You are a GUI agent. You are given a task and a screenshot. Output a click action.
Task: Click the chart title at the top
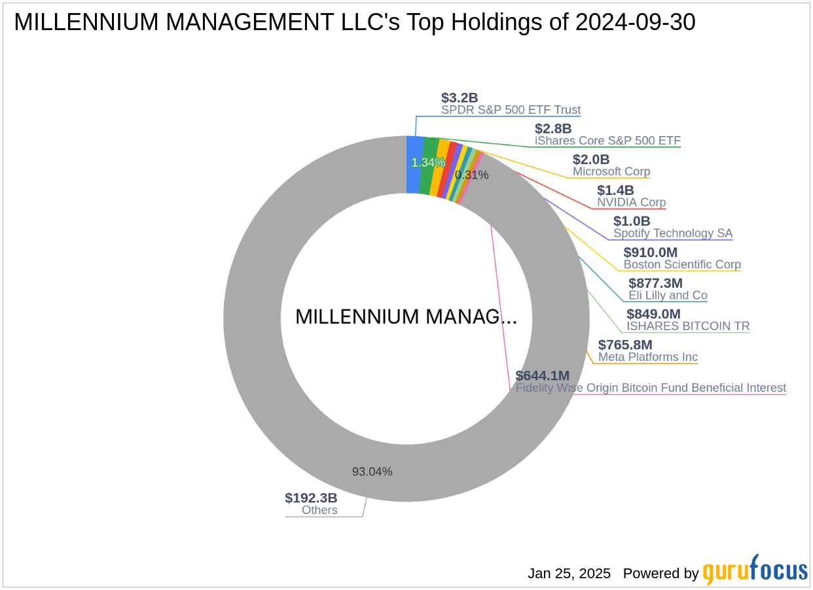tap(354, 22)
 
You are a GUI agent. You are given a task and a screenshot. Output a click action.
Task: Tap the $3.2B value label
tap(460, 98)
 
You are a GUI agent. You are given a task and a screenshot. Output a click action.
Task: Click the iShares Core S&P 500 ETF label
tap(607, 141)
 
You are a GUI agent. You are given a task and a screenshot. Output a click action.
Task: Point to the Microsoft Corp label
tap(611, 171)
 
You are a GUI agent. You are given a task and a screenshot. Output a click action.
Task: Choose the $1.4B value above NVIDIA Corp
tap(615, 190)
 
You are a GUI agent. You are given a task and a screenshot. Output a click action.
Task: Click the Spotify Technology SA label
tap(673, 234)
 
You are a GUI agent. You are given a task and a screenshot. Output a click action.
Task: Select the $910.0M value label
tap(650, 252)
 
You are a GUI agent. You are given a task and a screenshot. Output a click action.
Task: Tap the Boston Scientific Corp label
tap(682, 265)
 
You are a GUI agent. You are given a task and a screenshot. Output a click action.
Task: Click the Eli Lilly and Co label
tap(668, 296)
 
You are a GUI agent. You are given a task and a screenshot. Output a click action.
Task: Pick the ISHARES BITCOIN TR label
tap(688, 326)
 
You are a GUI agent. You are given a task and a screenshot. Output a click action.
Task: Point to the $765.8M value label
tap(625, 345)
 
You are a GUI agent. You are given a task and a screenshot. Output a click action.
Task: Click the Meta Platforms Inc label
tap(647, 357)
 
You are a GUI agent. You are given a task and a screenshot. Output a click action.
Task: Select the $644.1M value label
tap(542, 376)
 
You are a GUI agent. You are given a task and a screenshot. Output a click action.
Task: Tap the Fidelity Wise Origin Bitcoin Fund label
tap(651, 388)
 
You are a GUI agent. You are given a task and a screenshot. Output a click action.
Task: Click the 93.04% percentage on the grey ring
tap(372, 472)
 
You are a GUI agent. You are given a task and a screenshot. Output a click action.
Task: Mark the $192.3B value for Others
tap(311, 498)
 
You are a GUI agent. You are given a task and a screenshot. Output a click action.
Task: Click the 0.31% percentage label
tap(471, 175)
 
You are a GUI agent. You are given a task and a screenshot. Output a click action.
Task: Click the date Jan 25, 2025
tap(569, 574)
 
